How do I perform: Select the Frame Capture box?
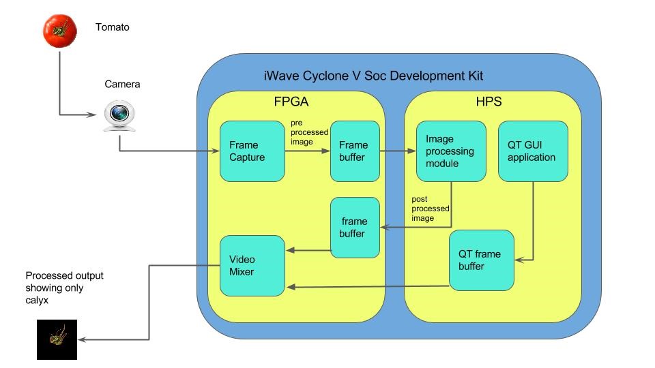coord(252,151)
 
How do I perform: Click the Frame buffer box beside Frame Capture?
coord(354,151)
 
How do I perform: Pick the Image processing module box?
coord(451,151)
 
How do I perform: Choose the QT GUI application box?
coord(533,151)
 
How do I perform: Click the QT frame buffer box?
coord(481,260)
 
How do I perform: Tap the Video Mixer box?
coord(252,265)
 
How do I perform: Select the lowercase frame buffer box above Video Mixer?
coord(354,228)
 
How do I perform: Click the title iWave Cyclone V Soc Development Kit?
coord(373,76)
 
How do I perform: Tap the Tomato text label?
coord(112,28)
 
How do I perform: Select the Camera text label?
coord(122,85)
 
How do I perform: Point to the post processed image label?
coord(428,209)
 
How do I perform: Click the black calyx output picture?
coord(57,339)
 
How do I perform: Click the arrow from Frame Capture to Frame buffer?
coord(307,152)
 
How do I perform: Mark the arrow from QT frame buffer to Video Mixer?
coord(368,287)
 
